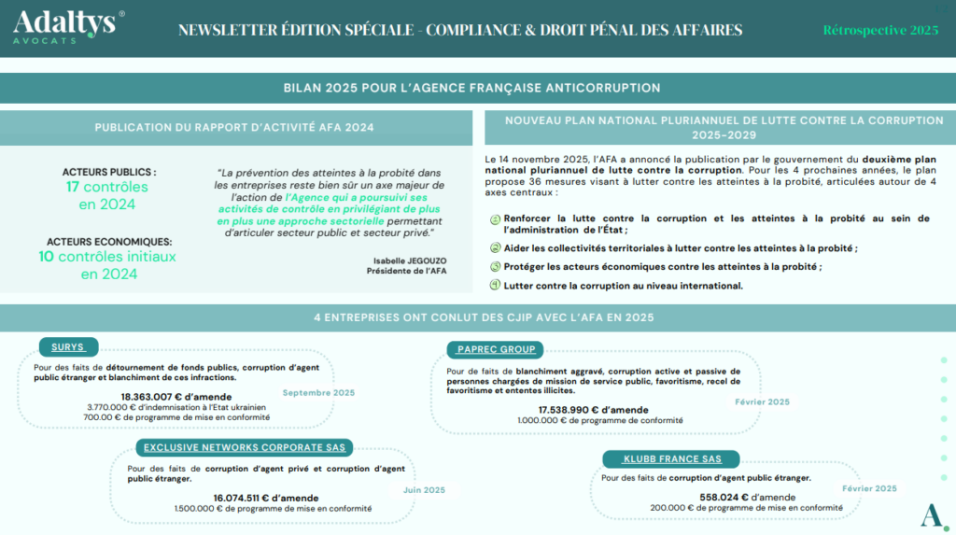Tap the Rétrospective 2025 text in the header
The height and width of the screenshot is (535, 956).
[880, 30]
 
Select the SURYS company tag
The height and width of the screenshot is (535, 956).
[68, 347]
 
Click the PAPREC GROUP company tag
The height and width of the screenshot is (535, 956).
[496, 349]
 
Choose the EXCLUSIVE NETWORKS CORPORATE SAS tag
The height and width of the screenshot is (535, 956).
[245, 447]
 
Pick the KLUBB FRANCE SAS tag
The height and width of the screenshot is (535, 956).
[670, 458]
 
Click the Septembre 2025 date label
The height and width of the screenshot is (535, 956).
[318, 392]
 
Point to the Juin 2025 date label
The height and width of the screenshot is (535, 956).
[423, 489]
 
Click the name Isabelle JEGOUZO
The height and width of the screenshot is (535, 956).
[397, 261]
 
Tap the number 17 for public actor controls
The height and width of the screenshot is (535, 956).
[73, 187]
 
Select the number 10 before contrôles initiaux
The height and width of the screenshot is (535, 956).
[46, 256]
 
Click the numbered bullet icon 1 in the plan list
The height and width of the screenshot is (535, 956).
[495, 218]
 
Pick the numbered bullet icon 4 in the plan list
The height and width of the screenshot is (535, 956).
[495, 285]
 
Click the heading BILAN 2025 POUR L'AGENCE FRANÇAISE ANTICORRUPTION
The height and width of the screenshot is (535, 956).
[472, 88]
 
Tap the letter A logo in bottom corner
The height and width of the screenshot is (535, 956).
[930, 514]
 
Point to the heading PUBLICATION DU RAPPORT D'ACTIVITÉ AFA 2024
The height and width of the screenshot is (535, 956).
[233, 128]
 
